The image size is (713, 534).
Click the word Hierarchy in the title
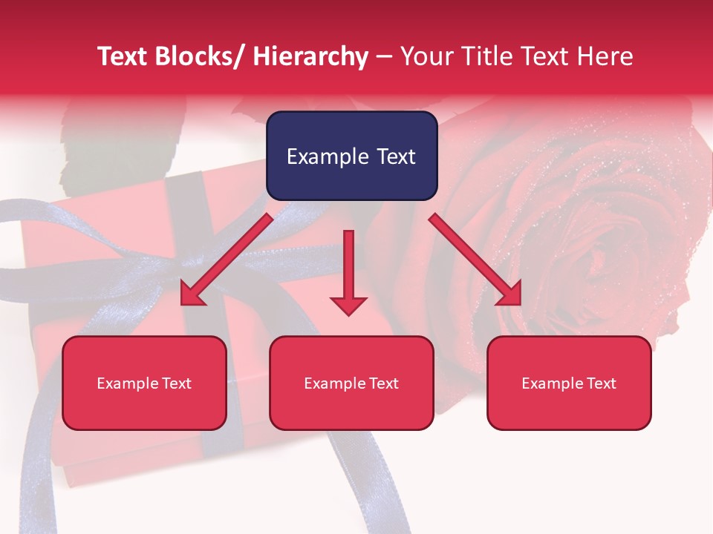[310, 56]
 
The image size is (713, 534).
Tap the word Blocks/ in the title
[200, 56]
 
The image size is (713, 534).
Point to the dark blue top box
[351, 156]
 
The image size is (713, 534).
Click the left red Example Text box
[144, 383]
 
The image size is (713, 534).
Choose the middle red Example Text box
[351, 383]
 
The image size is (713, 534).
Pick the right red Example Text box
[569, 383]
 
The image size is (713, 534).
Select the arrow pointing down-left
[227, 260]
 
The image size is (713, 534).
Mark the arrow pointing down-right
[475, 260]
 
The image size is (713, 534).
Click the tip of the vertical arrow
[348, 313]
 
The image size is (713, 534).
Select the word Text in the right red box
[602, 383]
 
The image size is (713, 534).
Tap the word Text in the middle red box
[384, 383]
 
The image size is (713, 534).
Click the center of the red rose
[594, 252]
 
